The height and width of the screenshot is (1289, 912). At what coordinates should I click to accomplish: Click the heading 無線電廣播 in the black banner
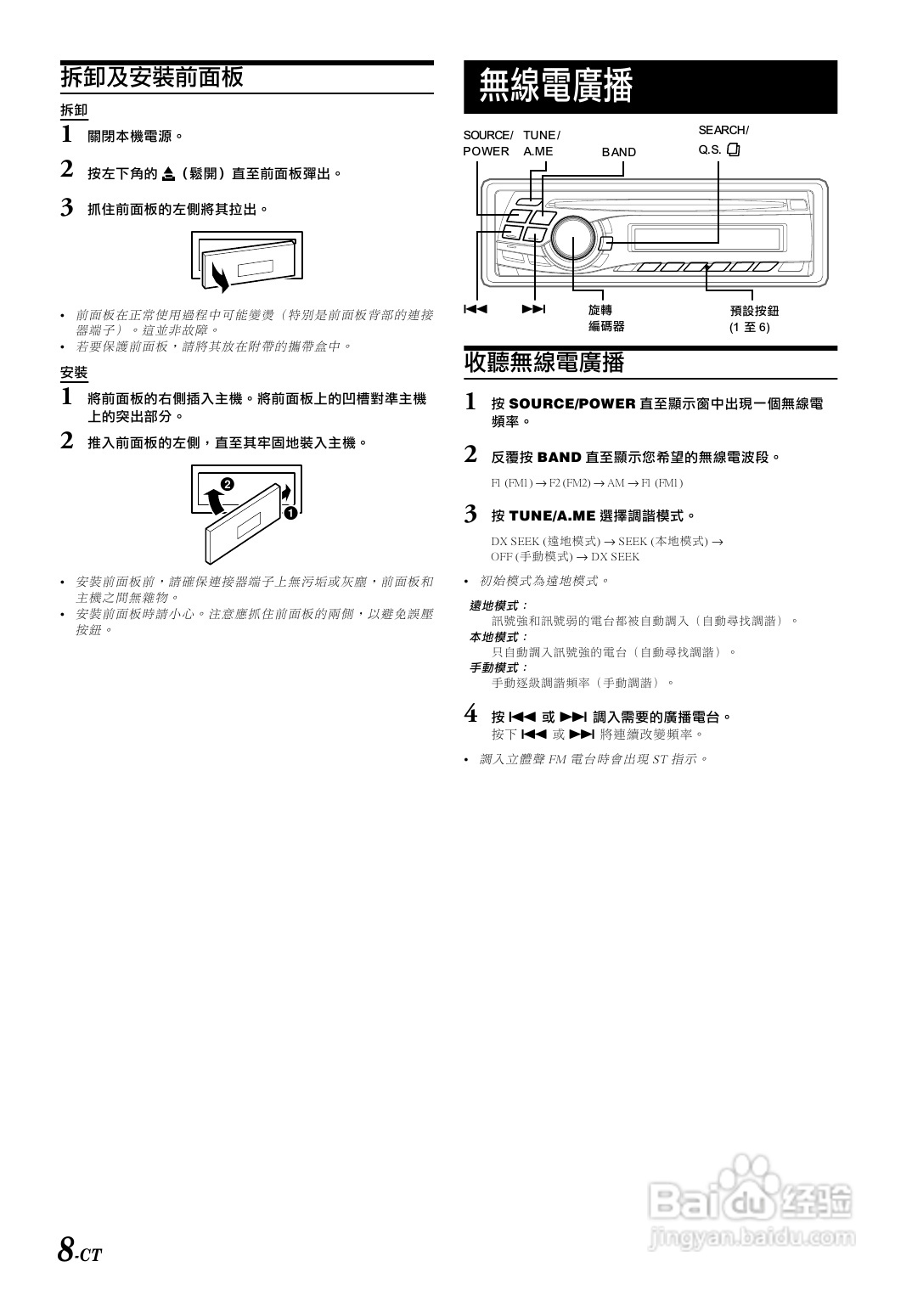point(556,87)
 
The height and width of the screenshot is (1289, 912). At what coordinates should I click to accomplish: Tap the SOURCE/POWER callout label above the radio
point(487,144)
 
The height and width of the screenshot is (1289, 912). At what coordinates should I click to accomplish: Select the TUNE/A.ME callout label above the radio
point(541,144)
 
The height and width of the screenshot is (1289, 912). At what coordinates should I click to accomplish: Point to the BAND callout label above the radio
point(618,152)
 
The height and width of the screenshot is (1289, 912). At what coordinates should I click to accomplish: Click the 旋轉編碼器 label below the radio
point(606,318)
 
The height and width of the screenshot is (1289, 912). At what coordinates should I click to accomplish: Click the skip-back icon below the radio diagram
point(476,309)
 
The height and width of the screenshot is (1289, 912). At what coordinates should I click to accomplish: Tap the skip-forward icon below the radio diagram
point(533,309)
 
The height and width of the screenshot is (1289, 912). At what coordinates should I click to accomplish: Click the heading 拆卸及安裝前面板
point(152,77)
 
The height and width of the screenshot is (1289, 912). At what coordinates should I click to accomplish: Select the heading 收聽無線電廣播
point(544,363)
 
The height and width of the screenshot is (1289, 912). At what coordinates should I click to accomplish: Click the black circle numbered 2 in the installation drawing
point(227,484)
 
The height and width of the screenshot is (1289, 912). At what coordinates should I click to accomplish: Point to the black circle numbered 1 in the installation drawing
point(290,513)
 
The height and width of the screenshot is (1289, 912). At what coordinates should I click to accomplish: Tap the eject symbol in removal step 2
point(168,174)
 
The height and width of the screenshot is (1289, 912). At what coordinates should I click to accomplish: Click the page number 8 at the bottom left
point(65,1250)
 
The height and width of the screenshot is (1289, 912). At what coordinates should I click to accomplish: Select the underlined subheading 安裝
point(74,373)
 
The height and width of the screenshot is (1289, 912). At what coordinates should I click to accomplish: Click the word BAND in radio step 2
point(559,457)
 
